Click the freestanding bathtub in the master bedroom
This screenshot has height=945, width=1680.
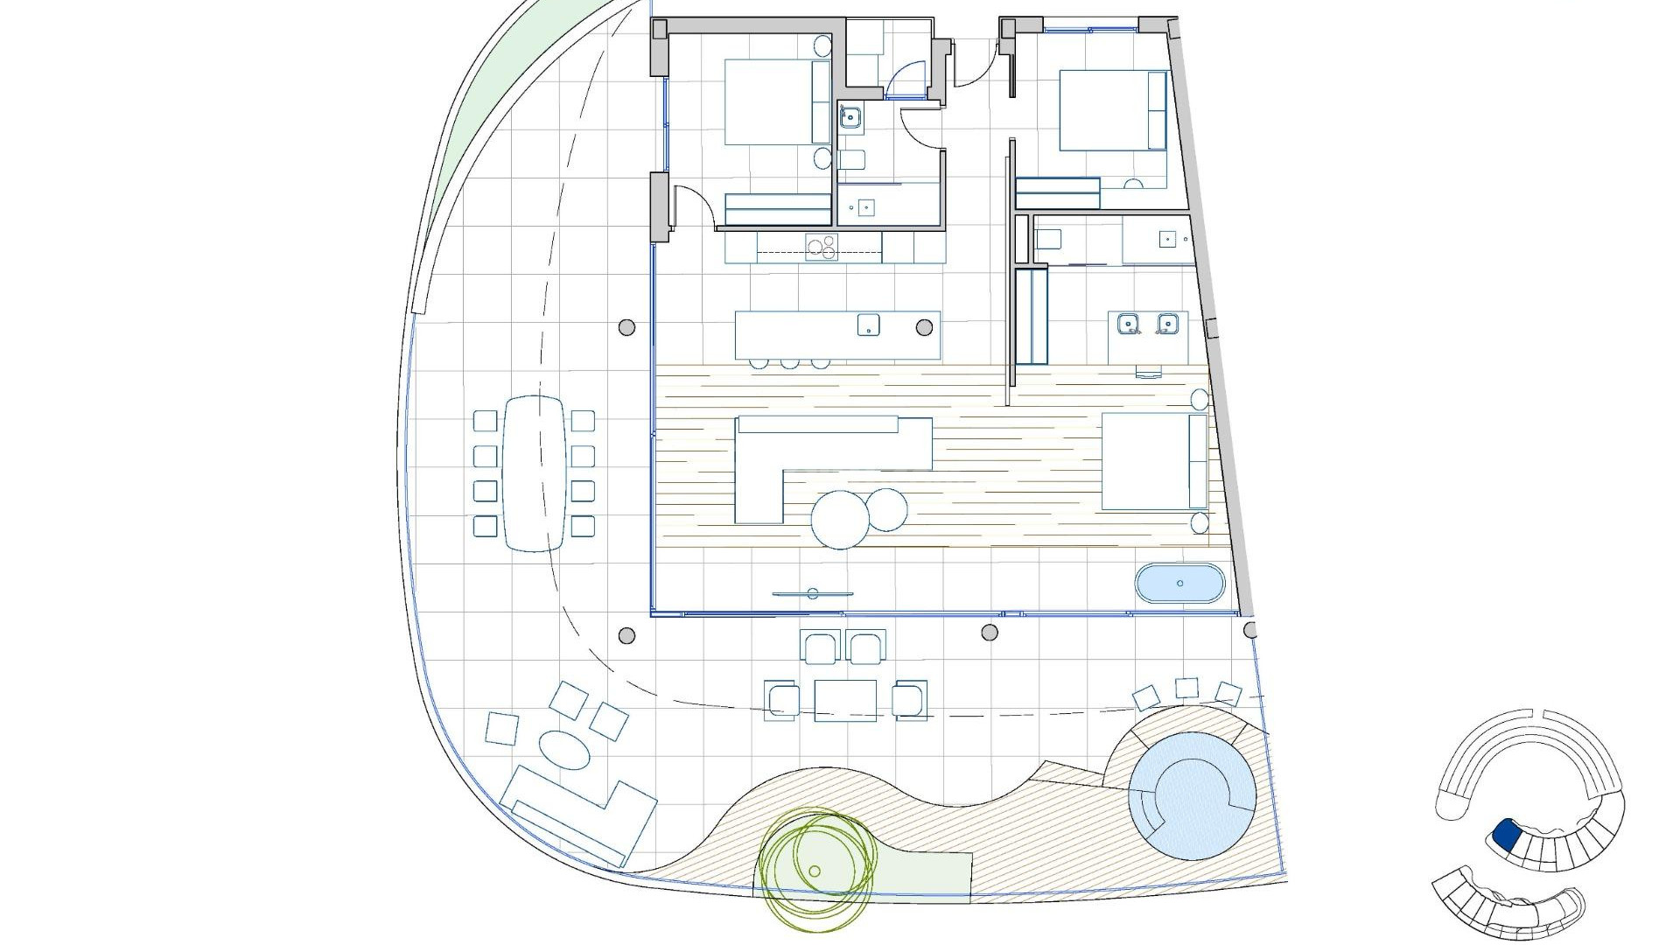(x=1179, y=584)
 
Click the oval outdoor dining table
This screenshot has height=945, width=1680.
(x=534, y=472)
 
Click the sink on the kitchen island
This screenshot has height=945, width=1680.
(x=868, y=325)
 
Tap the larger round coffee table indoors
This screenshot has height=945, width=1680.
(x=838, y=520)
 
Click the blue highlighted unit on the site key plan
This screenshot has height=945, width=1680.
(x=1507, y=834)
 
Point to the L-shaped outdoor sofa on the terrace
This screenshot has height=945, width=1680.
(x=577, y=814)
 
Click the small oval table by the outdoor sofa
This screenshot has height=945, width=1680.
(x=563, y=750)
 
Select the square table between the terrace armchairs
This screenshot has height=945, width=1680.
(x=845, y=700)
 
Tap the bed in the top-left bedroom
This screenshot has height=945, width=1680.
(x=770, y=101)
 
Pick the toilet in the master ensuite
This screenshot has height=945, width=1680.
(x=1047, y=239)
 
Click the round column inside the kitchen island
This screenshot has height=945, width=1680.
(x=924, y=327)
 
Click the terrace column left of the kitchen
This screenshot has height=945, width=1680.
(x=626, y=327)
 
